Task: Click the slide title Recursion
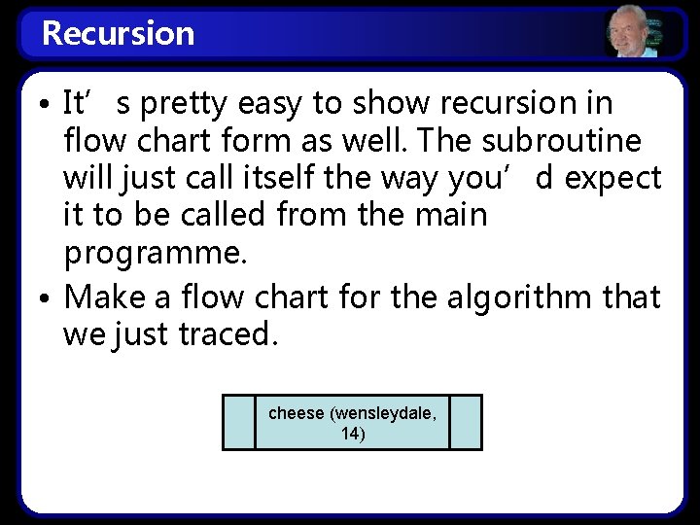119,33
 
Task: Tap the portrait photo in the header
630,33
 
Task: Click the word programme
154,255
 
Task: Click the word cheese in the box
297,413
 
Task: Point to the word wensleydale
385,413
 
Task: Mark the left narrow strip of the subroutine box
239,422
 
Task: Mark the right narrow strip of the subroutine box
466,422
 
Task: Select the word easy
281,103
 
